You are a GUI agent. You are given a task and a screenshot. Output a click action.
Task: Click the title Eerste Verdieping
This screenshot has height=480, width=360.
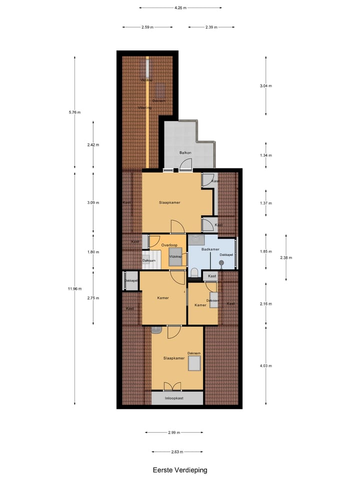point(180,470)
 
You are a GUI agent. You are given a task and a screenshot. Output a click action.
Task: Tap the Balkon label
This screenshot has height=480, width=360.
point(185,152)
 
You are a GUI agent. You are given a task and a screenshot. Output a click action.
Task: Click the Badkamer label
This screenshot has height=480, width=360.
point(210,248)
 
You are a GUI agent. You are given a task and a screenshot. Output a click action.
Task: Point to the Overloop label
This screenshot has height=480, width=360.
point(169,244)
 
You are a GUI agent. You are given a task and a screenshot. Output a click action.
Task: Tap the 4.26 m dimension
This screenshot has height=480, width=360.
point(180,8)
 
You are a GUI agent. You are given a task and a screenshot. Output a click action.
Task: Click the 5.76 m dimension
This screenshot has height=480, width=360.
point(74,112)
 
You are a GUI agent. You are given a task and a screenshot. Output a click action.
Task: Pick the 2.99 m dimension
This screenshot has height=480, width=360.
point(174,432)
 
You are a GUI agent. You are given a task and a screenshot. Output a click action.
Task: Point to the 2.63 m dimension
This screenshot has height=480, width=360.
point(177,451)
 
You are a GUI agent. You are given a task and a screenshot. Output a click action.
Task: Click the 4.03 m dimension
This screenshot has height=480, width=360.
point(265,365)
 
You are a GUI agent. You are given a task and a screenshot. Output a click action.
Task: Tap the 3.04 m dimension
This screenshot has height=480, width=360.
point(265,86)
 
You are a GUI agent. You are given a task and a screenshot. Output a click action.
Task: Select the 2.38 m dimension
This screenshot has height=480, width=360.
point(286,258)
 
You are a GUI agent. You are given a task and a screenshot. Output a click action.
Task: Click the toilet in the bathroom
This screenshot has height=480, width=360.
point(194,272)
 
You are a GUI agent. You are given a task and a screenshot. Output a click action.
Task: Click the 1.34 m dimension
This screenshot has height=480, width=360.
point(265,155)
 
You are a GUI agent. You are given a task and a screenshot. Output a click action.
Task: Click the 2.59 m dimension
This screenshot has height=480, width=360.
point(147,27)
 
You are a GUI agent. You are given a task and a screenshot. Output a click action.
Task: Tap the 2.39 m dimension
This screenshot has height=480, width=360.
point(211,27)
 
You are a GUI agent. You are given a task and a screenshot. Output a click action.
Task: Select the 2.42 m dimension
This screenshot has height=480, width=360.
point(93,145)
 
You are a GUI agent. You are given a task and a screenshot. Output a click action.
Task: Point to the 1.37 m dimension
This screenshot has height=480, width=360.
point(265,203)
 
